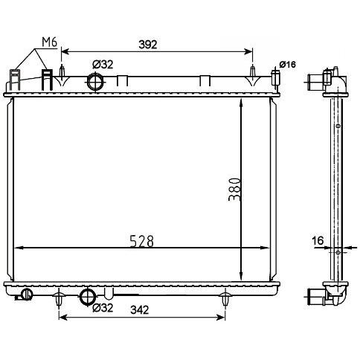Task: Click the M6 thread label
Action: click(x=49, y=42)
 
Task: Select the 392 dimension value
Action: click(x=147, y=45)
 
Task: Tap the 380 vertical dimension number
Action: click(x=234, y=190)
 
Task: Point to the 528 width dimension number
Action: click(x=142, y=240)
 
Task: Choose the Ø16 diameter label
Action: click(x=288, y=65)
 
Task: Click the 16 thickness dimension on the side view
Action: click(x=318, y=240)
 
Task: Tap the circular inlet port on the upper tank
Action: click(x=95, y=80)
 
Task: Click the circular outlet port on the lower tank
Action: click(x=88, y=298)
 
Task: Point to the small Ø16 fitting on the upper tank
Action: click(x=276, y=77)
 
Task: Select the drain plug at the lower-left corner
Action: click(x=28, y=295)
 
